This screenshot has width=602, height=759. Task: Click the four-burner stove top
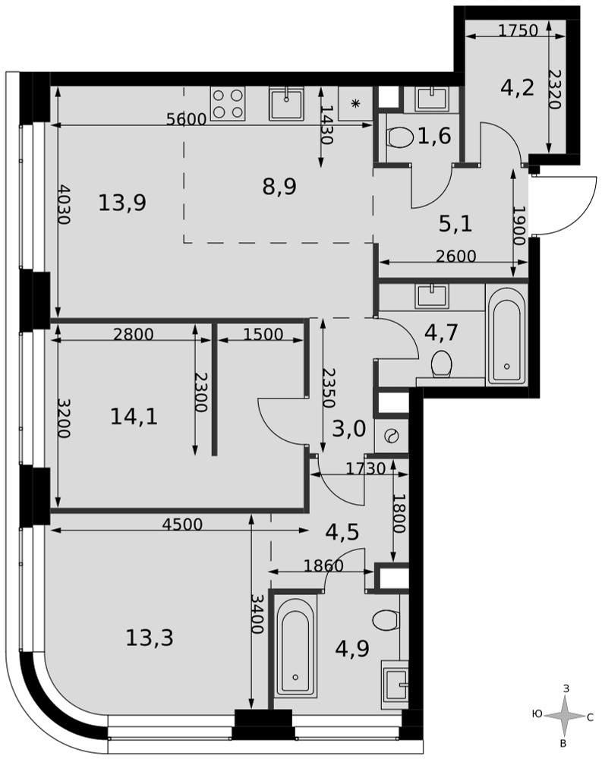click(228, 103)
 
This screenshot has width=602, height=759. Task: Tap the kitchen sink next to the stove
click(287, 103)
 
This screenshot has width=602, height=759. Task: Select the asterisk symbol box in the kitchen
click(355, 103)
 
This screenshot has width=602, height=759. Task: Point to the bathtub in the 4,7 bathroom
click(506, 335)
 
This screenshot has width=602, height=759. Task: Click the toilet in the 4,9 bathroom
click(387, 619)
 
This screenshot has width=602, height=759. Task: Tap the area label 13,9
click(122, 203)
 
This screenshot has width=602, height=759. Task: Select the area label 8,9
click(279, 187)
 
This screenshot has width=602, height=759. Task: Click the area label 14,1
click(134, 416)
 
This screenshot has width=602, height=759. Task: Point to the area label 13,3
click(149, 638)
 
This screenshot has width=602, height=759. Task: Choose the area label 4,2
click(518, 88)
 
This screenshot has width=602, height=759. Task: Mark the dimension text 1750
click(518, 30)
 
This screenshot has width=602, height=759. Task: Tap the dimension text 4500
click(182, 524)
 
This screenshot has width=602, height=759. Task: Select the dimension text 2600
click(456, 256)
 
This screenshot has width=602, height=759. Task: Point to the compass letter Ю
click(537, 714)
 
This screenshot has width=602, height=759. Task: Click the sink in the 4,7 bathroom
click(431, 296)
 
